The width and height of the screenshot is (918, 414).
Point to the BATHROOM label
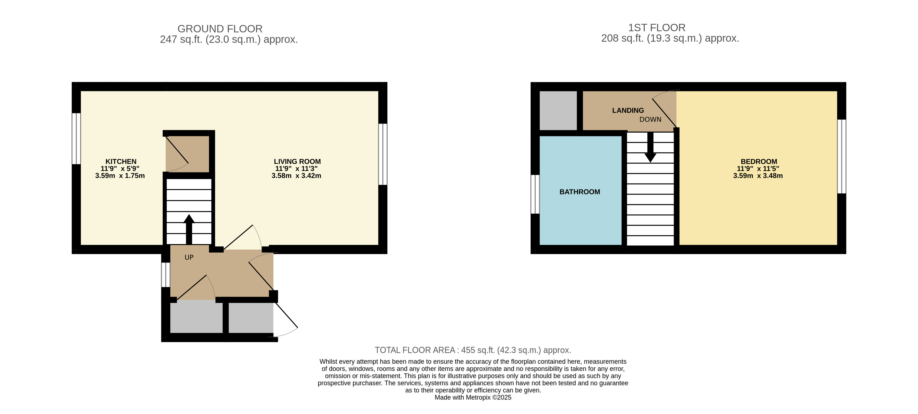580,192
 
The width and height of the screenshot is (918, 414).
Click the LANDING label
628,111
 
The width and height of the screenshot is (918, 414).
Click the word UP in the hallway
189,257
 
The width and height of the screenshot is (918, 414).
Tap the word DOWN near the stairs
650,120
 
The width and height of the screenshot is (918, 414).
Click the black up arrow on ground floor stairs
189,228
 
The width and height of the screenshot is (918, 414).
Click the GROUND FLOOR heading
220,29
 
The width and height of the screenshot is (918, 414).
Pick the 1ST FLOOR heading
656,28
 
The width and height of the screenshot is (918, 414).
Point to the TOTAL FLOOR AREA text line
472,350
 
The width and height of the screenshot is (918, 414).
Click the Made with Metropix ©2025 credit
472,397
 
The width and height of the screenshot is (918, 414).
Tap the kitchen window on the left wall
76,138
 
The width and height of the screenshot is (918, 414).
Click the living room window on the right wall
383,154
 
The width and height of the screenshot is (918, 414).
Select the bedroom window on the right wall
841,156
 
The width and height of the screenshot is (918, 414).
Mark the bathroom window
535,194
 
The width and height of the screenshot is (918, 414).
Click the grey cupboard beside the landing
558,111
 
